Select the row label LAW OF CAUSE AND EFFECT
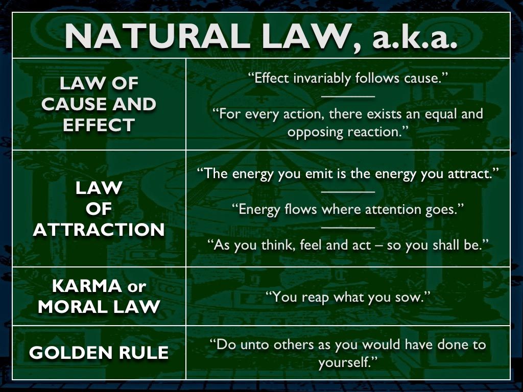[x=99, y=104]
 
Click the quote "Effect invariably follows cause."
[x=347, y=78]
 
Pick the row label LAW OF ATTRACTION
[x=99, y=209]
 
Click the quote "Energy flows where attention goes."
[x=347, y=209]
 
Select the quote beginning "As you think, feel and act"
[x=347, y=245]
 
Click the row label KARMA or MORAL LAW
[x=99, y=297]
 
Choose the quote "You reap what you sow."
[x=347, y=297]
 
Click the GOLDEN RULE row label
[x=99, y=353]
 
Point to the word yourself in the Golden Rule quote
[x=347, y=362]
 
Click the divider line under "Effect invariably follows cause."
[x=348, y=96]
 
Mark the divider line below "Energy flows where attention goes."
[x=348, y=227]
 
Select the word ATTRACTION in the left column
[x=99, y=230]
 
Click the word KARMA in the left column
[x=87, y=286]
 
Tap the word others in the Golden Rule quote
[x=294, y=345]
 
